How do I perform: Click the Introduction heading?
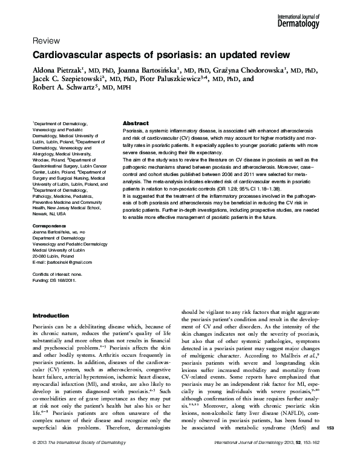point(50,315)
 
